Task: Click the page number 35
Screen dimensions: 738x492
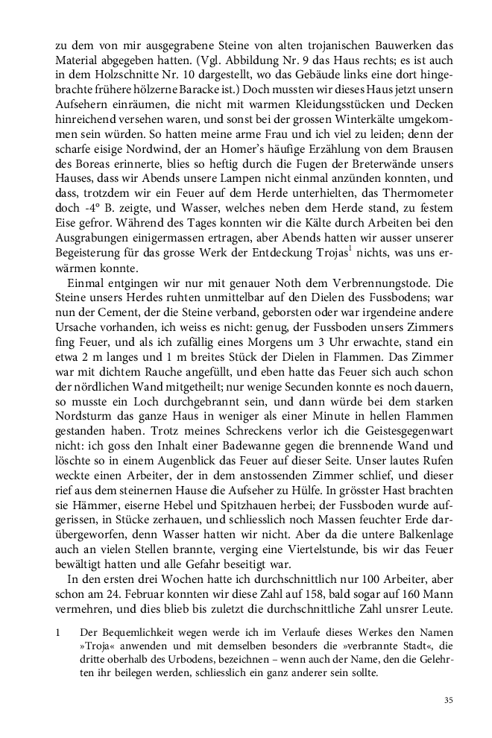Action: pos(448,700)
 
